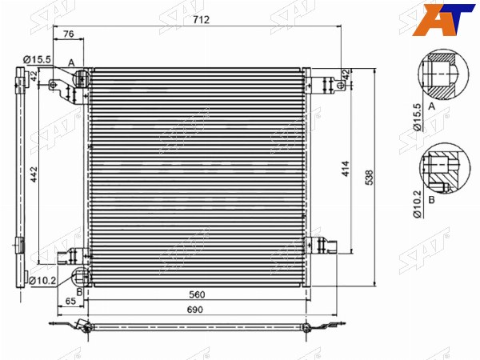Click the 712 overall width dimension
tap(201, 19)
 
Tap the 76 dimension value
tap(68, 34)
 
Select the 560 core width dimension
tap(197, 294)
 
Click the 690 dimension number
tap(195, 310)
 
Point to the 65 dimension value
tap(70, 301)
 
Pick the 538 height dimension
tap(369, 178)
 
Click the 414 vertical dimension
tap(346, 169)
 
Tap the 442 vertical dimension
tap(34, 174)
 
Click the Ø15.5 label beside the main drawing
tap(37, 59)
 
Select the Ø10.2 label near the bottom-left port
tap(42, 280)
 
